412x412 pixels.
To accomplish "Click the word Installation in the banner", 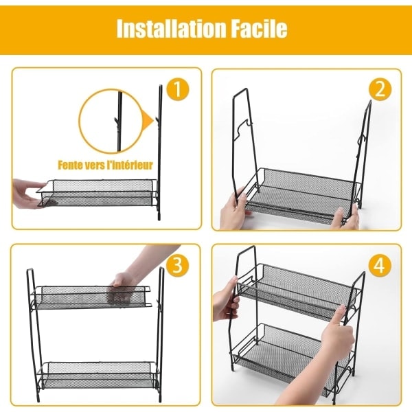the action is point(172,28).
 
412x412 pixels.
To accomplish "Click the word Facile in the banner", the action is point(259,28).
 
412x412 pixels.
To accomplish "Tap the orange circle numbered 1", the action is point(178,89).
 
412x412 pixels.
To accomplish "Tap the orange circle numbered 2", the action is point(380,89).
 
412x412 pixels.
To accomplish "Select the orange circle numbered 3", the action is point(177,265).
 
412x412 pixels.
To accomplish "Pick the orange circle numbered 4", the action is point(380,266).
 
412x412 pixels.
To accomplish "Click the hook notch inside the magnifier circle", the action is point(117,122).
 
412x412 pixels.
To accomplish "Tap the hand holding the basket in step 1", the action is point(26,194).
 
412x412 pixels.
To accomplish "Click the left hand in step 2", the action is point(234,209).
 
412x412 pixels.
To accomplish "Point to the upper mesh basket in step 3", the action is point(91,297).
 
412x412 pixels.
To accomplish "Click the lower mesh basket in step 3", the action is point(99,375).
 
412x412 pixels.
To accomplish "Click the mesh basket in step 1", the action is point(98,192).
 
